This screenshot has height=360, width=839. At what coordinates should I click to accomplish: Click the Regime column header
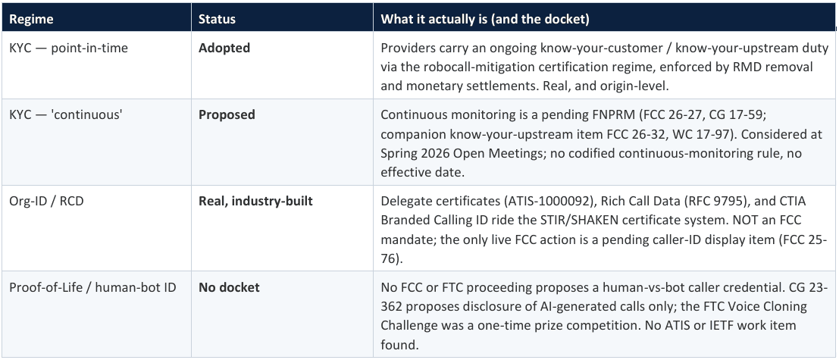point(32,19)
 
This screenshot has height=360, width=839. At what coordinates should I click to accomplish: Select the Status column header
point(217,19)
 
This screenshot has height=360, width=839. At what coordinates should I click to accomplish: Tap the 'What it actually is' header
point(485,19)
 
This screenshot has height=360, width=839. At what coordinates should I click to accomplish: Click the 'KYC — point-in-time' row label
point(68,49)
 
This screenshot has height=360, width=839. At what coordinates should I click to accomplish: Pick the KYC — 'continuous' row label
point(66,114)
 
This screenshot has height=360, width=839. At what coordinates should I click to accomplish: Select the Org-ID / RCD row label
point(46,201)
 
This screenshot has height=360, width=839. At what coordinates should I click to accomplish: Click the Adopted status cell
point(224,49)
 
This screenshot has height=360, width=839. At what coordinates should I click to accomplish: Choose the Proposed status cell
point(227,114)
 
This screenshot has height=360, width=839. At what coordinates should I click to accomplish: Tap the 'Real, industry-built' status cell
point(255,201)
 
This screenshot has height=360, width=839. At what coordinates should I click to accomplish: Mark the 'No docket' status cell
point(229,287)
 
